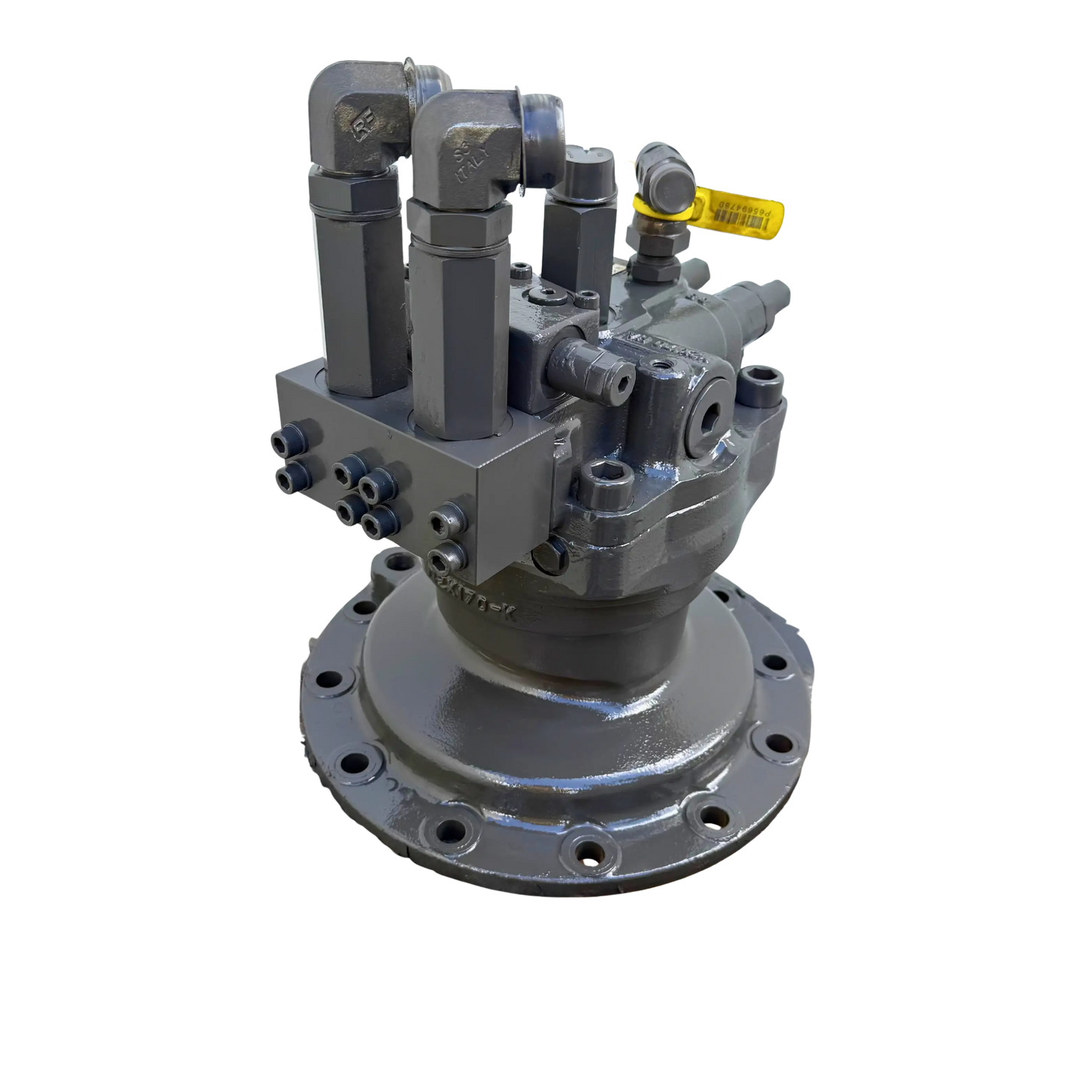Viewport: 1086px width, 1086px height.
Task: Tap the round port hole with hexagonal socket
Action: click(709, 410)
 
